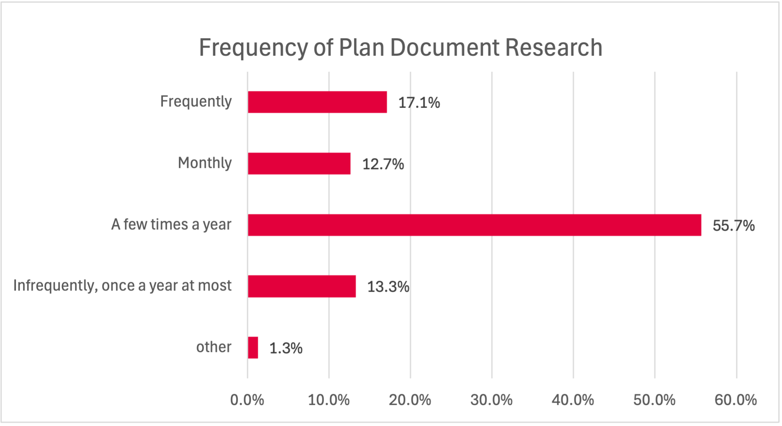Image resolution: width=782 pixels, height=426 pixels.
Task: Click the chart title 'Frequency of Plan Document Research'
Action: point(400,48)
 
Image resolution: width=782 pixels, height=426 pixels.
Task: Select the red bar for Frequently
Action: point(317,102)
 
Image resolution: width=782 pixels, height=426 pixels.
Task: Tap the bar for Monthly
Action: point(299,163)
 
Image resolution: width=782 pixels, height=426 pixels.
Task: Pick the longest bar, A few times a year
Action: point(474,225)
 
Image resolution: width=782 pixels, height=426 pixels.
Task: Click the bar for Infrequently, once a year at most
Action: point(302,286)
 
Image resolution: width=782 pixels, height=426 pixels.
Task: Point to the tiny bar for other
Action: point(253,348)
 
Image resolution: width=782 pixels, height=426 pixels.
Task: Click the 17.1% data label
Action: point(419,102)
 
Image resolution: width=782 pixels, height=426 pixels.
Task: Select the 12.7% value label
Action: point(383,164)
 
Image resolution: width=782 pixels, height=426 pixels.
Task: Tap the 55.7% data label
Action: point(733,225)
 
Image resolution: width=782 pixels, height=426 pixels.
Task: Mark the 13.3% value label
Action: point(388,287)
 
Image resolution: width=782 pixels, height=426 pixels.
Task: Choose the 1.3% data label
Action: point(286,348)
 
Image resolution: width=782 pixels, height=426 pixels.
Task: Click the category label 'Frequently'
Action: point(196,102)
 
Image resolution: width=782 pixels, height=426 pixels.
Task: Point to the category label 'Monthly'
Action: point(205,163)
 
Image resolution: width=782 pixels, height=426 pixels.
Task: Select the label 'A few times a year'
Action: point(171,224)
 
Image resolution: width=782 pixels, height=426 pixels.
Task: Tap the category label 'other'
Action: point(214,347)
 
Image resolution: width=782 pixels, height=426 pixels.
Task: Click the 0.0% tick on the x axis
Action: point(247,400)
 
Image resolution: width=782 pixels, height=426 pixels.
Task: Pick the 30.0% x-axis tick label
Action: point(491,400)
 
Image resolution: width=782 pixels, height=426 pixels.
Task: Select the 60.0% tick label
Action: point(735,400)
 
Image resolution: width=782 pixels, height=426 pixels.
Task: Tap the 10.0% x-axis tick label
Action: point(329,400)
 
